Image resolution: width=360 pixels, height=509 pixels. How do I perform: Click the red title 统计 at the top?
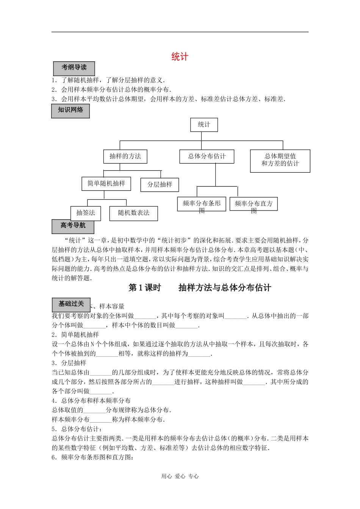click(x=180, y=57)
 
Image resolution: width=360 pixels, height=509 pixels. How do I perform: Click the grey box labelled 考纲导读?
click(x=74, y=68)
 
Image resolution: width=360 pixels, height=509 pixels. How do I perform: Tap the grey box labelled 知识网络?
click(x=70, y=111)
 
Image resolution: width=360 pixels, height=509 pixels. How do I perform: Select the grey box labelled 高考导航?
click(x=73, y=226)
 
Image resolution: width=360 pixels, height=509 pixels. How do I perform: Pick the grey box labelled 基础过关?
click(x=71, y=304)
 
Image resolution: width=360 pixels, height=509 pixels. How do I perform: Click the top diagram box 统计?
click(x=204, y=125)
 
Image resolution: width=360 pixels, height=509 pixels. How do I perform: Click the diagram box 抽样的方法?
click(x=125, y=156)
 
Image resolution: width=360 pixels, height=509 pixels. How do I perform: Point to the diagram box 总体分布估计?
click(x=207, y=156)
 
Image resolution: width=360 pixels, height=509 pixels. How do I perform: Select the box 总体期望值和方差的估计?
click(x=280, y=161)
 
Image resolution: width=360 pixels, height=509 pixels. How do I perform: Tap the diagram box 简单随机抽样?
click(x=106, y=184)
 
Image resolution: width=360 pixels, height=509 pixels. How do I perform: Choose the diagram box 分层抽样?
click(x=160, y=184)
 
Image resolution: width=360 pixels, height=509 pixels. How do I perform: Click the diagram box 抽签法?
click(x=86, y=213)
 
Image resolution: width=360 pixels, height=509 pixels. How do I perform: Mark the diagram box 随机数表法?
click(x=133, y=213)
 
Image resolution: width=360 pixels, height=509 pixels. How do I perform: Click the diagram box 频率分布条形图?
click(x=202, y=204)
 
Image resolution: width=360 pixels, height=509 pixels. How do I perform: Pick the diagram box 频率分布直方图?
click(x=254, y=204)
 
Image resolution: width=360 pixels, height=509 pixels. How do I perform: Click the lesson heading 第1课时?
click(x=145, y=288)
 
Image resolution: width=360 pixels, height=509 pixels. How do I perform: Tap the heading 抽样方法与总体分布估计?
click(x=225, y=288)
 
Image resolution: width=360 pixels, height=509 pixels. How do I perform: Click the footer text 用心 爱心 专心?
click(x=180, y=476)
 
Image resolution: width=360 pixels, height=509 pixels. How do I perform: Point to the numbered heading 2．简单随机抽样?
click(x=75, y=335)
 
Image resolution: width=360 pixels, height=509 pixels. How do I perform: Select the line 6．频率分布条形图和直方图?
click(x=92, y=457)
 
